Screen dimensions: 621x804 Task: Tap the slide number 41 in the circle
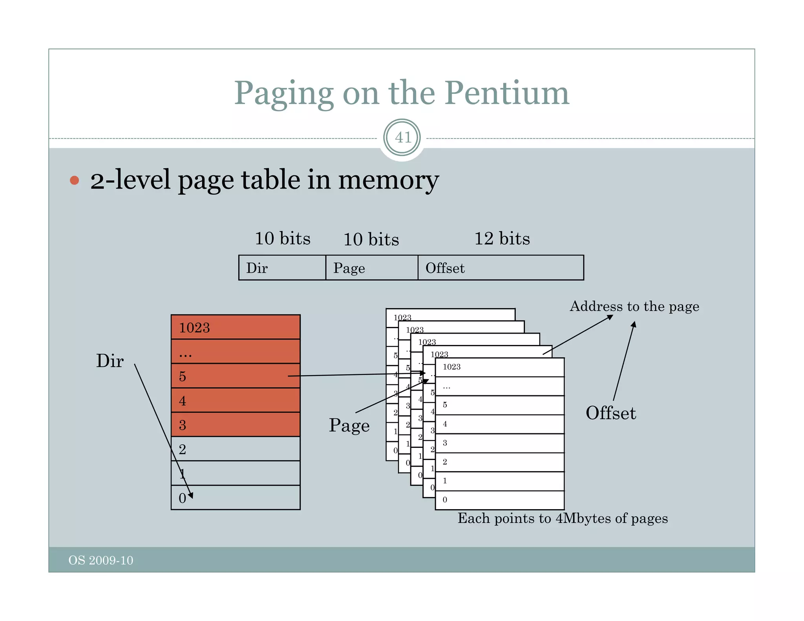(402, 137)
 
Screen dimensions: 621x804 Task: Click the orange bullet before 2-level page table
(74, 180)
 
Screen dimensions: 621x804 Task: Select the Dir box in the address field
(282, 268)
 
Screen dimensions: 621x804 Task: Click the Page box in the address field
(371, 268)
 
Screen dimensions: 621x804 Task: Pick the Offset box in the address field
(501, 268)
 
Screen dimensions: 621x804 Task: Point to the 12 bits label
(502, 238)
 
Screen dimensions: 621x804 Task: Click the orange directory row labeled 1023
(236, 327)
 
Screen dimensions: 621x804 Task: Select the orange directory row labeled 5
(236, 376)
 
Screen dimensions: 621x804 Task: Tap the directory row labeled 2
(236, 449)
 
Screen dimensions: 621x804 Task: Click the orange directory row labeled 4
(236, 400)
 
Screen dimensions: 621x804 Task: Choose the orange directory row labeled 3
(236, 424)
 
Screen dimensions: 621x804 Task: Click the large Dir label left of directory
(110, 360)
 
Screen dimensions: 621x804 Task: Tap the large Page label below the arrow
(349, 426)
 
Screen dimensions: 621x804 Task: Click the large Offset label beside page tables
(610, 413)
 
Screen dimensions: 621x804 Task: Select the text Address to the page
(634, 306)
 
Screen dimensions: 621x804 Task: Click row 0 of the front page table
(499, 500)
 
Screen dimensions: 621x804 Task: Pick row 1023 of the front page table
(499, 367)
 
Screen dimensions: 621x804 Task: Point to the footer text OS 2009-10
(101, 560)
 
